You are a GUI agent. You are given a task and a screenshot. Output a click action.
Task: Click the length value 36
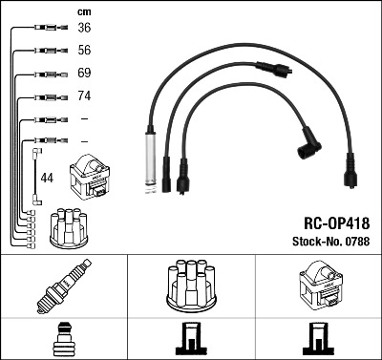tap(84, 28)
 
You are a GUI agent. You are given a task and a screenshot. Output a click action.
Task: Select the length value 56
tap(84, 51)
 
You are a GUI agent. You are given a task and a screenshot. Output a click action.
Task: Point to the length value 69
tap(84, 74)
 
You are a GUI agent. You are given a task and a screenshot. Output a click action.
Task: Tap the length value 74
tap(84, 96)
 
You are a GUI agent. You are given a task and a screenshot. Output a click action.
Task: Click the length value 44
tap(47, 178)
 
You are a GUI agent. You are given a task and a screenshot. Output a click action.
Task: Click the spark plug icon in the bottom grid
tap(63, 286)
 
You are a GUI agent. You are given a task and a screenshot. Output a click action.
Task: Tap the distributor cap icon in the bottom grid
tap(191, 285)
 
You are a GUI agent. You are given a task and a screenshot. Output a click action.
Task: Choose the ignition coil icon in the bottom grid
tap(318, 286)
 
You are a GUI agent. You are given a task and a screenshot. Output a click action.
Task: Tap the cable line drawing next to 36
tap(46, 28)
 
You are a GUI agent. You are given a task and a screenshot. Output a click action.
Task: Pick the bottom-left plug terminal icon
tap(63, 340)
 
